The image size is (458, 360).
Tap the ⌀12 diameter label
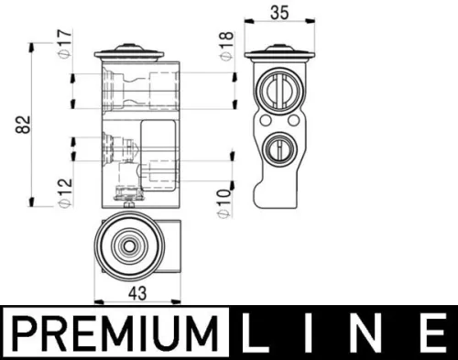tap(63, 190)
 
